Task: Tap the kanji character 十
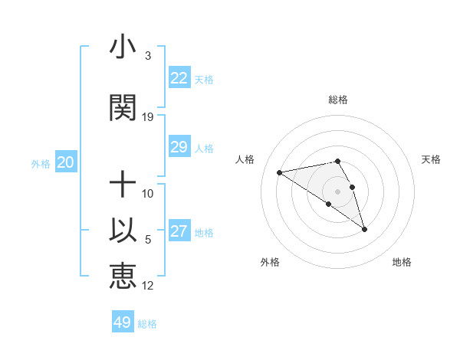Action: pos(123,185)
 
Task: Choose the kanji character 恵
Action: pos(123,276)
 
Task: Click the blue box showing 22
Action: pos(179,78)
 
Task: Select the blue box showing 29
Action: pos(179,147)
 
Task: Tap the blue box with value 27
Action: pos(179,231)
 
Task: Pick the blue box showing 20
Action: pos(65,162)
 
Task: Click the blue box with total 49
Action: pos(123,322)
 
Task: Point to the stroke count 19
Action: pos(148,117)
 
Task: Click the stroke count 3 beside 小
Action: pos(148,56)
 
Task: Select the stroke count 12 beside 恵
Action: pos(148,286)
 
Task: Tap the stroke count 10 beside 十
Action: pos(148,194)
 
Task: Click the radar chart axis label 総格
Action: pos(338,100)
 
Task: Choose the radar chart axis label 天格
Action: pos(432,159)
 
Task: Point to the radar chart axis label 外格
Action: pos(270,262)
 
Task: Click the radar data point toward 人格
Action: pos(280,172)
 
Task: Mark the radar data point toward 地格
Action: pos(364,229)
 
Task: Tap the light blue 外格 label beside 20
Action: pos(40,163)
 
